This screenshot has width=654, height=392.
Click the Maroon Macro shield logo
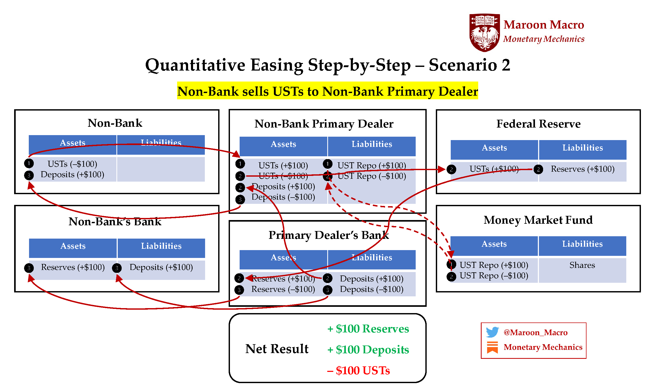pyautogui.click(x=484, y=32)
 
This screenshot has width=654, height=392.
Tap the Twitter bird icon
pyautogui.click(x=492, y=332)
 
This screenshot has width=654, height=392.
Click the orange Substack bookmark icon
pyautogui.click(x=492, y=347)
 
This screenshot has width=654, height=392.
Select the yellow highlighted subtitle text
pyautogui.click(x=327, y=91)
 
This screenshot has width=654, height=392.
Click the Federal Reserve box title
pyautogui.click(x=538, y=124)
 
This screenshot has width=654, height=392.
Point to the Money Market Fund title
pyautogui.click(x=538, y=220)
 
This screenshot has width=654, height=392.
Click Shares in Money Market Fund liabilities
pyautogui.click(x=582, y=265)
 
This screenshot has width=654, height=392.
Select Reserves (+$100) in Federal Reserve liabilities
pyautogui.click(x=582, y=169)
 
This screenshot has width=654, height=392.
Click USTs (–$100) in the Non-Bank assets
pyautogui.click(x=72, y=164)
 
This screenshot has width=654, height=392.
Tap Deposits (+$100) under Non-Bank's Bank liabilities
pyautogui.click(x=161, y=267)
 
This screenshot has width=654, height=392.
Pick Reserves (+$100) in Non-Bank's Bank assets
pyautogui.click(x=73, y=267)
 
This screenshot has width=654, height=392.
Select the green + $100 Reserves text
pyautogui.click(x=368, y=328)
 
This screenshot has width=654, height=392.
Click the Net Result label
pyautogui.click(x=277, y=349)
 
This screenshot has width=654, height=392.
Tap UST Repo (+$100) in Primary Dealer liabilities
pyautogui.click(x=371, y=165)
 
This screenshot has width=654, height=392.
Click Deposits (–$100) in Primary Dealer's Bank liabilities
pyautogui.click(x=371, y=289)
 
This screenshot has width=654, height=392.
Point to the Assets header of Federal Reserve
pyautogui.click(x=494, y=148)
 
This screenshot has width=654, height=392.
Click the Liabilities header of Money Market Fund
pyautogui.click(x=582, y=244)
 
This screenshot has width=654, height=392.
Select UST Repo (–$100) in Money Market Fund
pyautogui.click(x=494, y=275)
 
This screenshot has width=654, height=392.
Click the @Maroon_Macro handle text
pyautogui.click(x=535, y=332)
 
